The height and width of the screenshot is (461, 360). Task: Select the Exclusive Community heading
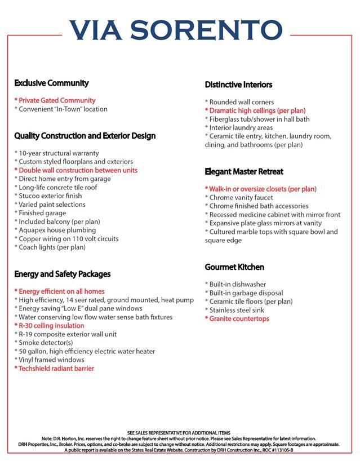tap(51, 83)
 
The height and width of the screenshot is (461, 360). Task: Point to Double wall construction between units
tap(77, 170)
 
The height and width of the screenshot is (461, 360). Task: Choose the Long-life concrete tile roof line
tap(57, 187)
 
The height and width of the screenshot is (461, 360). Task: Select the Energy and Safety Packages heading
tap(62, 274)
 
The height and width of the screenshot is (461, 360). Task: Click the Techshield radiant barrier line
tap(55, 369)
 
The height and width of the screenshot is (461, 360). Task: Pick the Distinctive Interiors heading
tap(238, 85)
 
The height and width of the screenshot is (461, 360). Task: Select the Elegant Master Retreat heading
tap(244, 171)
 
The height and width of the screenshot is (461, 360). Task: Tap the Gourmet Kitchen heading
tap(234, 267)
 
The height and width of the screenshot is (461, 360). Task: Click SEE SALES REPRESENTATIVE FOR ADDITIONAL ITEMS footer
tap(179, 433)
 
